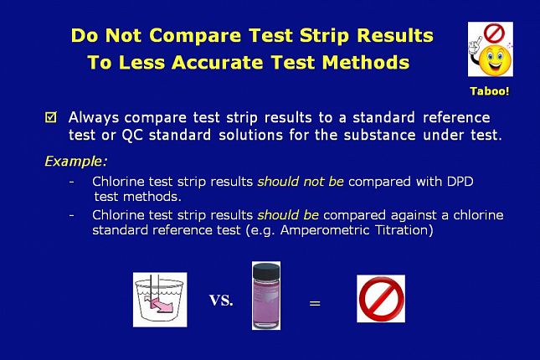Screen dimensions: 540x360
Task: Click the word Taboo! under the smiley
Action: tap(490, 91)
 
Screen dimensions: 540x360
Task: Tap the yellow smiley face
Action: tap(496, 61)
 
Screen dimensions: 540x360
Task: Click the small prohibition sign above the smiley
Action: tap(494, 33)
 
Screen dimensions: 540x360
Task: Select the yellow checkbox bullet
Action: tap(50, 117)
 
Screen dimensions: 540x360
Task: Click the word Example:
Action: tap(76, 162)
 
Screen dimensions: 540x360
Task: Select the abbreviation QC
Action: tap(132, 135)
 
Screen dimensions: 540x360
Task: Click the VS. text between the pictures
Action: tap(221, 300)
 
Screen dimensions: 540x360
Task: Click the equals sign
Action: tap(315, 303)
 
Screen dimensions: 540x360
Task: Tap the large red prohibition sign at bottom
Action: tap(381, 298)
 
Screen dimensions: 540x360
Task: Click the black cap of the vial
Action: tap(266, 270)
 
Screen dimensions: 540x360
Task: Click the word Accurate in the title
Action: tap(218, 62)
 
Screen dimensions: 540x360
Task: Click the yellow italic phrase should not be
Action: tap(301, 181)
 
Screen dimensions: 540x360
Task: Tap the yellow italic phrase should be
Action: tap(288, 215)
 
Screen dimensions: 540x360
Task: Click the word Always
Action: tap(93, 118)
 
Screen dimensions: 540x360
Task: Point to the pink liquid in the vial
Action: tap(266, 302)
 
